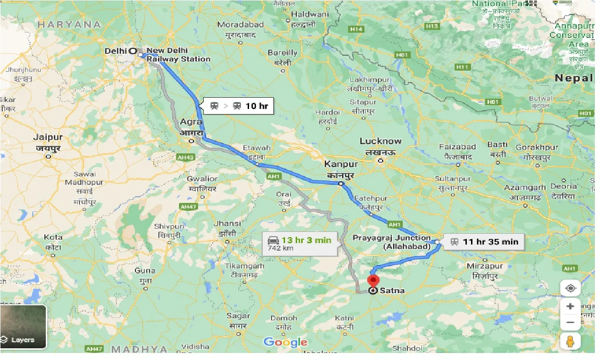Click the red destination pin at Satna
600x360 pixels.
[x=373, y=281]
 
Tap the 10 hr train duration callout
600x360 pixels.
[x=239, y=106]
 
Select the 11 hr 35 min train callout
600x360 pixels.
[x=484, y=242]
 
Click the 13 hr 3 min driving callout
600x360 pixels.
[x=299, y=243]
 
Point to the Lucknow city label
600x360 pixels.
[x=380, y=141]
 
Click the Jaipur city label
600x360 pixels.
[x=48, y=137]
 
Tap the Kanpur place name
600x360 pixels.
[x=341, y=164]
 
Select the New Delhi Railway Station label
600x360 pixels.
[x=178, y=55]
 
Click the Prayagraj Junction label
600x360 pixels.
[x=392, y=238]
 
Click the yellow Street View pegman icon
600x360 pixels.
[x=570, y=342]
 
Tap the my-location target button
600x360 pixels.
[x=570, y=288]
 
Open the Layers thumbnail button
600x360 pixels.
[x=23, y=327]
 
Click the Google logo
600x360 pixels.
[x=286, y=342]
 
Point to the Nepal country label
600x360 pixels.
[x=573, y=78]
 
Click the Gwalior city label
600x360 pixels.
[x=202, y=179]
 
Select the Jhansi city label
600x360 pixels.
[x=226, y=223]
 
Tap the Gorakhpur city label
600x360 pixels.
[x=537, y=147]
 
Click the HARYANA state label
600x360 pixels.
[x=70, y=24]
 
